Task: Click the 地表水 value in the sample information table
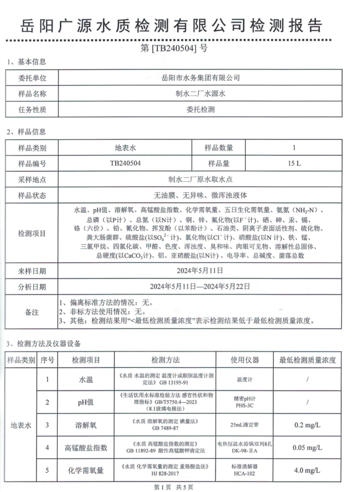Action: (126, 148)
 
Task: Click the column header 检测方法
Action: (165, 360)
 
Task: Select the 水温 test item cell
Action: (86, 379)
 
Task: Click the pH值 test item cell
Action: (86, 402)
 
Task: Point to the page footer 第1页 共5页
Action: (173, 486)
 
